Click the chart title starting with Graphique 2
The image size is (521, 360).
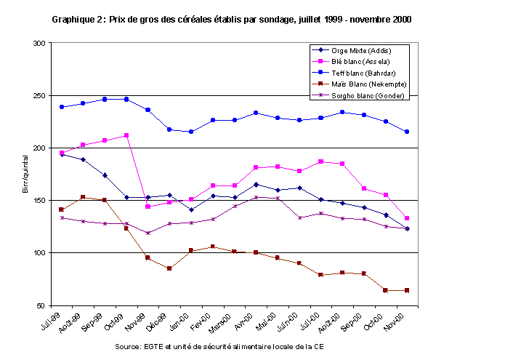point(232,20)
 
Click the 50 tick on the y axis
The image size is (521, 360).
point(42,305)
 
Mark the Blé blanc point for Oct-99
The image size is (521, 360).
point(126,135)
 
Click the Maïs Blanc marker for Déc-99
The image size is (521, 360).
point(169,268)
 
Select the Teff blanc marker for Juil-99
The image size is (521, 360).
point(62,107)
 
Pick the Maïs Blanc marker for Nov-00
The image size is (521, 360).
point(406,290)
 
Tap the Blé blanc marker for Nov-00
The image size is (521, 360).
point(406,218)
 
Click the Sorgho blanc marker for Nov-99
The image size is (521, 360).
point(148,233)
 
